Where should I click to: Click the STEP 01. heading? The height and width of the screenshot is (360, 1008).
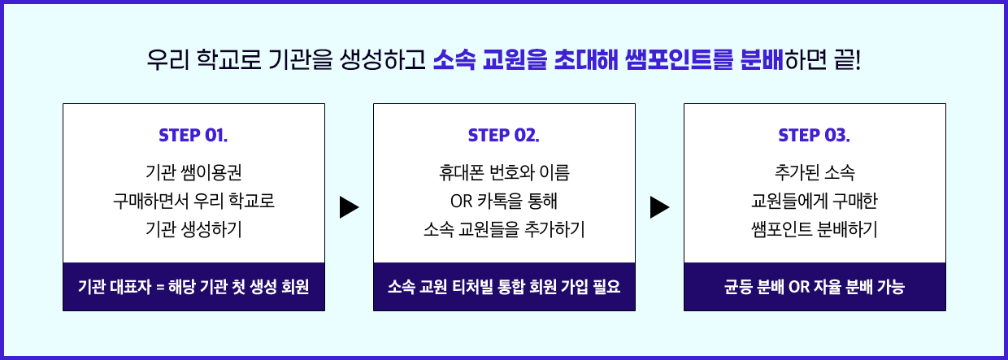coord(193,135)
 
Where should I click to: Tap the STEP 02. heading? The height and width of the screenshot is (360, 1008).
coord(504,135)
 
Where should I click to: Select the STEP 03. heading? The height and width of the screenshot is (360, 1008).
coord(815,135)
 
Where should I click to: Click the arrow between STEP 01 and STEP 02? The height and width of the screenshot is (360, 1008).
coord(349,207)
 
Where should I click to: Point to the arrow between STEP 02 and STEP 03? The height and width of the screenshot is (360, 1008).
coord(659,207)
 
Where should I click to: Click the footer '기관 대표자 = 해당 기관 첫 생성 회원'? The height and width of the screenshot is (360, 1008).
coord(193,287)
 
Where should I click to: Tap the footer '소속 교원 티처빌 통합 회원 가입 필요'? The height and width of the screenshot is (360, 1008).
coord(504,287)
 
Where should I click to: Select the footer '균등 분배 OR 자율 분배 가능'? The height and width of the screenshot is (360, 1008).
coord(815,287)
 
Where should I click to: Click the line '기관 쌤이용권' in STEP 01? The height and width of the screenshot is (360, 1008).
coord(193,173)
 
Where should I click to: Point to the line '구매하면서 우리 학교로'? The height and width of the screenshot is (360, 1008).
coord(193,201)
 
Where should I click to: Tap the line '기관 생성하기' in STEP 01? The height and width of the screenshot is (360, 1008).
coord(193,229)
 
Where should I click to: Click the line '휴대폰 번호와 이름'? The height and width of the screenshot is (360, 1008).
coord(504,173)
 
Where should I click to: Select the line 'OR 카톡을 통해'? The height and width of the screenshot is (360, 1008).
coord(504,201)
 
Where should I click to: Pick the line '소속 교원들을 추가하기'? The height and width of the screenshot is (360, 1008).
coord(504,229)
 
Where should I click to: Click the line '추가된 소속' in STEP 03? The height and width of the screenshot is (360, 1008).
coord(815,173)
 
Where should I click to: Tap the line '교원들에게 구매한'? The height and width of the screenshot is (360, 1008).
coord(815,201)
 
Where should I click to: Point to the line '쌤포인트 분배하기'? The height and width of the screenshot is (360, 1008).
coord(815,229)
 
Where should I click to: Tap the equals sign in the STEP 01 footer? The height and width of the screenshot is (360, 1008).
coord(160,288)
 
